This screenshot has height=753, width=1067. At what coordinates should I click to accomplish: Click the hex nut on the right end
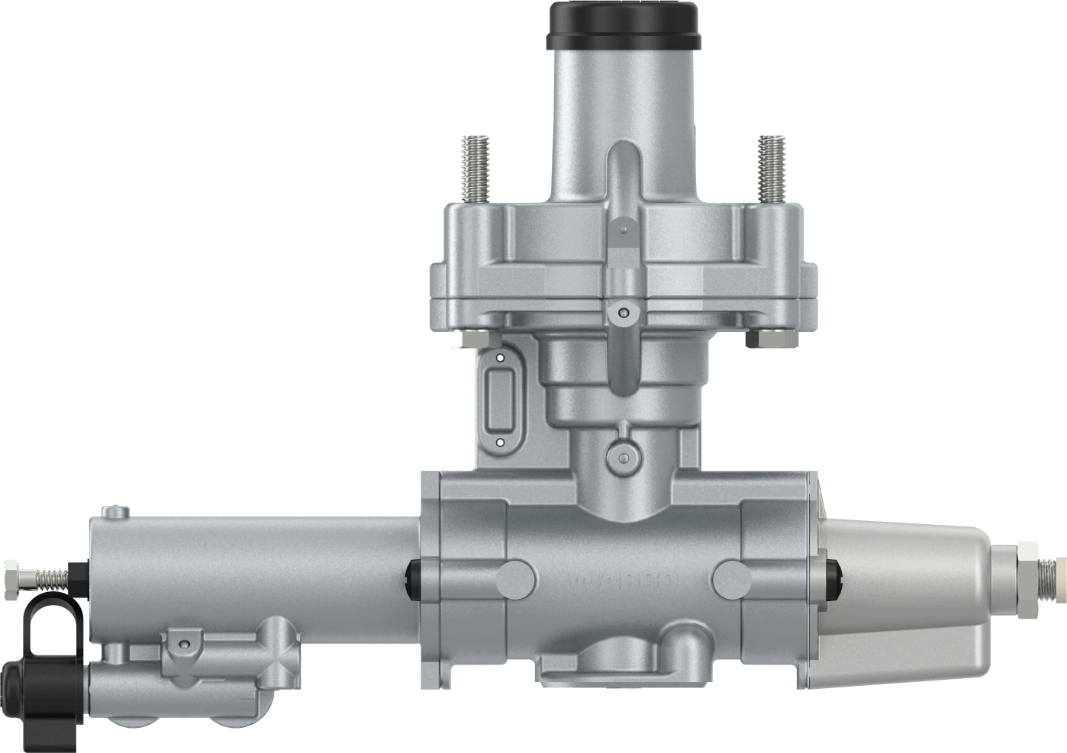coord(1027,569)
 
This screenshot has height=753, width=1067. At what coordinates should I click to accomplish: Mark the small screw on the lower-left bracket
coord(183,645)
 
